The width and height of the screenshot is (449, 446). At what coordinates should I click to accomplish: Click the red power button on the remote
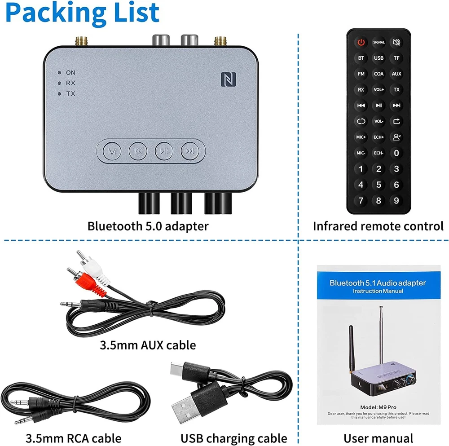point(361,42)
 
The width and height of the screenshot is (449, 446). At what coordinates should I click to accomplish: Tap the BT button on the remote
point(361,58)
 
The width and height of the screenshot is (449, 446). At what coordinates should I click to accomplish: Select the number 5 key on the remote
point(379,185)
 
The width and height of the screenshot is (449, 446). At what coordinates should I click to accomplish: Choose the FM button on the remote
point(361,74)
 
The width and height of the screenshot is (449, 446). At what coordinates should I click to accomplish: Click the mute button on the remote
point(396,42)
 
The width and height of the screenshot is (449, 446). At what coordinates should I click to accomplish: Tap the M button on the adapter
point(110,151)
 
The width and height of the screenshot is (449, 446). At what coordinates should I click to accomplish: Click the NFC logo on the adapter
point(226,79)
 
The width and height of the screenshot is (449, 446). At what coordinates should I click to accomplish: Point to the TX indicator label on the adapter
point(70,94)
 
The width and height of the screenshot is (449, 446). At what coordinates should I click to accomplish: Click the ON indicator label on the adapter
point(70,72)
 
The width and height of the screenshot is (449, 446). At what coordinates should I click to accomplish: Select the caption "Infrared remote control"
point(378,226)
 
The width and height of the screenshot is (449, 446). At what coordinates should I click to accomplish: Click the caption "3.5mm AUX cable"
point(148,345)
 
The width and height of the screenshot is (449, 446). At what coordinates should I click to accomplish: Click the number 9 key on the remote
point(396,200)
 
